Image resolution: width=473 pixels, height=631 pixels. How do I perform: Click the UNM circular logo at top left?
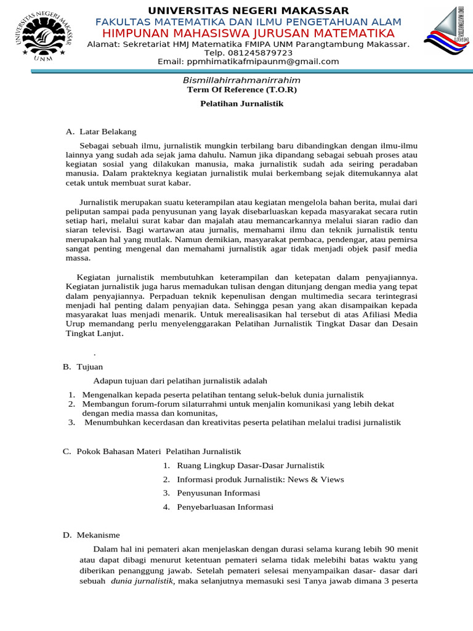pos(42,34)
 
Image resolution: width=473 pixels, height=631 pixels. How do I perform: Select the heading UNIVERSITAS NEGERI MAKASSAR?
pos(248,10)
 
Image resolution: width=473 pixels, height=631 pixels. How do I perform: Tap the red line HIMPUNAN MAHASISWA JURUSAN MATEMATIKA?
pos(248,33)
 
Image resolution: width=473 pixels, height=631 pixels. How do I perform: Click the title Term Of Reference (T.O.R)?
pos(241,90)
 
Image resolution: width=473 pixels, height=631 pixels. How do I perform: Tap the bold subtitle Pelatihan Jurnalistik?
pos(241,104)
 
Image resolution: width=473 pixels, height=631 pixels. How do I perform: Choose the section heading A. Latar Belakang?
pos(101,132)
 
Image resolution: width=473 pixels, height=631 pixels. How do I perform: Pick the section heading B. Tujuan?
pos(83,367)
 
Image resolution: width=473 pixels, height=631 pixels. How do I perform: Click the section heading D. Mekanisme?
pos(91,535)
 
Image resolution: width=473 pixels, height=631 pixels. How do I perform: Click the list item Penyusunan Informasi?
pos(219,493)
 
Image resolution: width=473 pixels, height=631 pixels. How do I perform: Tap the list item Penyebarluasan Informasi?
pos(225,507)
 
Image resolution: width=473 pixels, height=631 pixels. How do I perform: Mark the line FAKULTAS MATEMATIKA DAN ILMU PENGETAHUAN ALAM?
pos(248,22)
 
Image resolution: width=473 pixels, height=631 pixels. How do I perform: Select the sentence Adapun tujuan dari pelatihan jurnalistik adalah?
pos(180,381)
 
